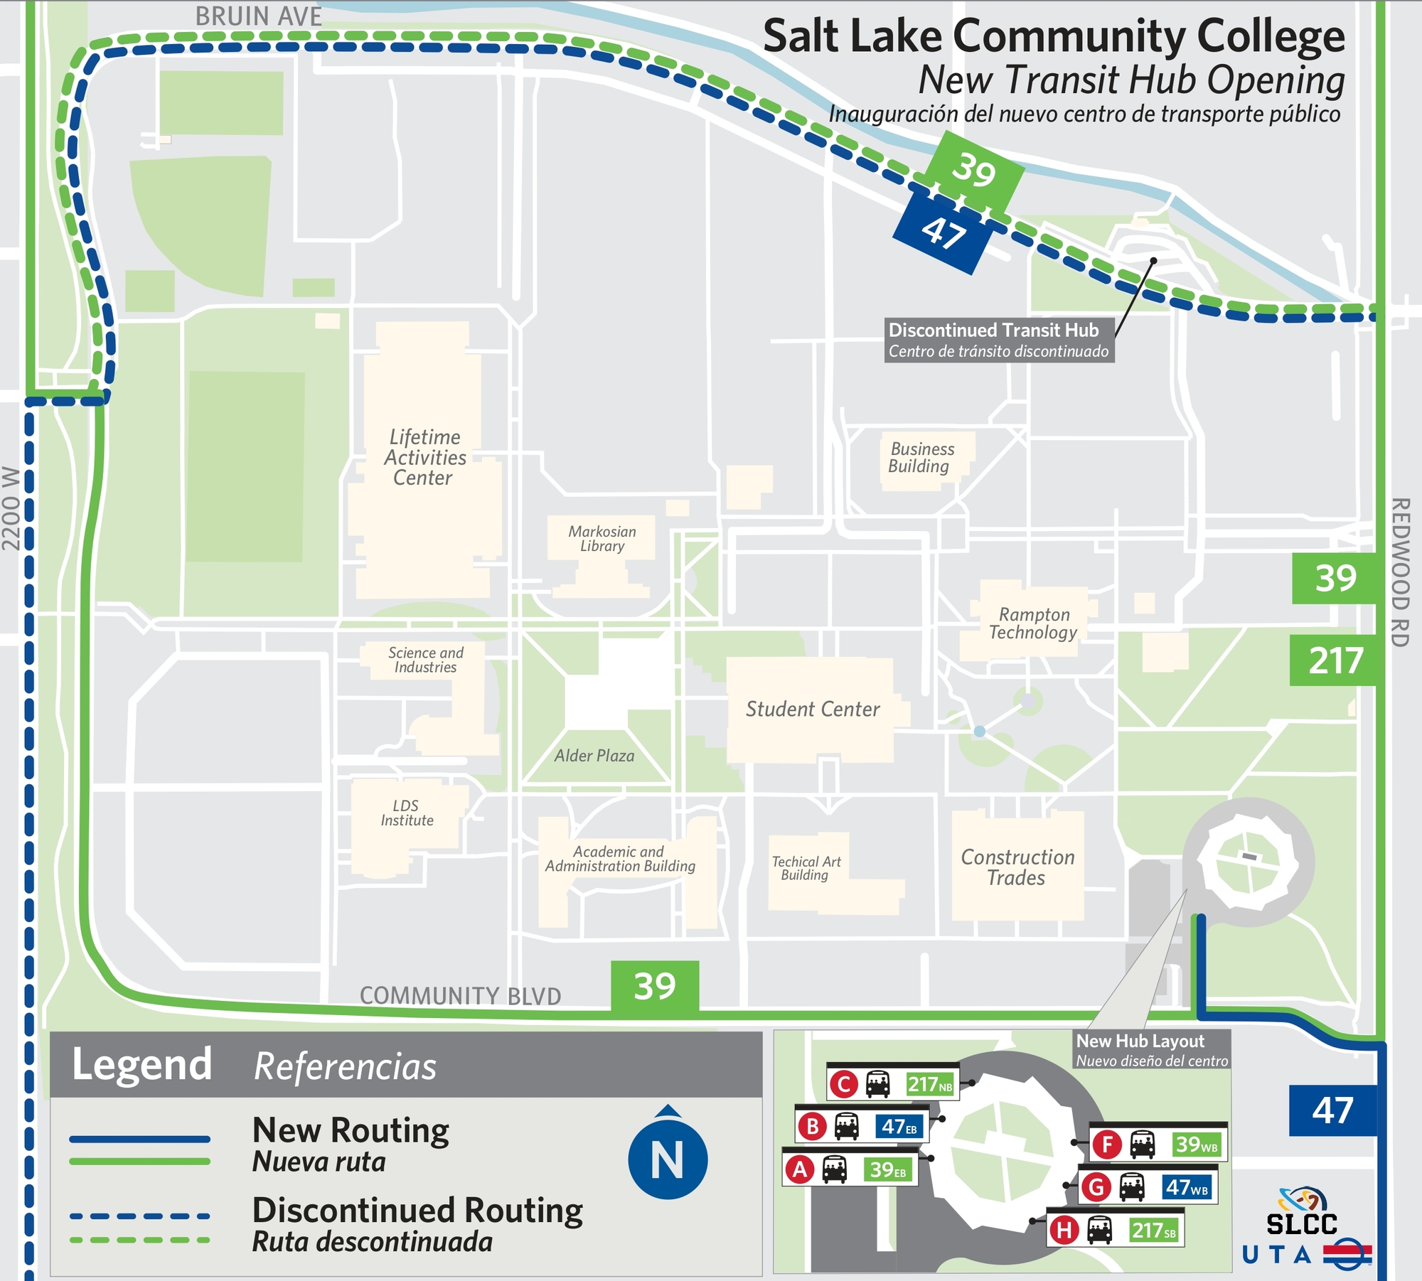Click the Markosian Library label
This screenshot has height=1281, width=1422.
(602, 539)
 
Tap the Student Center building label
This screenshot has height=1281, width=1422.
(813, 709)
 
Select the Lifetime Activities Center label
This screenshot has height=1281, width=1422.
(424, 457)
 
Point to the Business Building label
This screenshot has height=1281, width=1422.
(921, 458)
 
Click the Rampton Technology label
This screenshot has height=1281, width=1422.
(1033, 623)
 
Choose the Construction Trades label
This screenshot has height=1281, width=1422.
(1017, 867)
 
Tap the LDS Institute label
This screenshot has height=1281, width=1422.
(407, 813)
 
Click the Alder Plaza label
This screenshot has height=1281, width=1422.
(594, 756)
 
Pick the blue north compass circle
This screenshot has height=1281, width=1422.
(668, 1159)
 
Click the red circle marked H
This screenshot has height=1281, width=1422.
(1064, 1230)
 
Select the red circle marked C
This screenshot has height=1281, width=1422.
(844, 1084)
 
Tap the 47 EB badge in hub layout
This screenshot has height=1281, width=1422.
(899, 1127)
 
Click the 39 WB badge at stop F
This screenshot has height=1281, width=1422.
(1197, 1145)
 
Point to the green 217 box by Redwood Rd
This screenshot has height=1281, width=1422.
(1335, 660)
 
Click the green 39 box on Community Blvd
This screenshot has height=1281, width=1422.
(655, 986)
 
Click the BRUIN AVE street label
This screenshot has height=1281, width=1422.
(258, 16)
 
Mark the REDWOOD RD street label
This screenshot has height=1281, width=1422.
(1399, 572)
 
